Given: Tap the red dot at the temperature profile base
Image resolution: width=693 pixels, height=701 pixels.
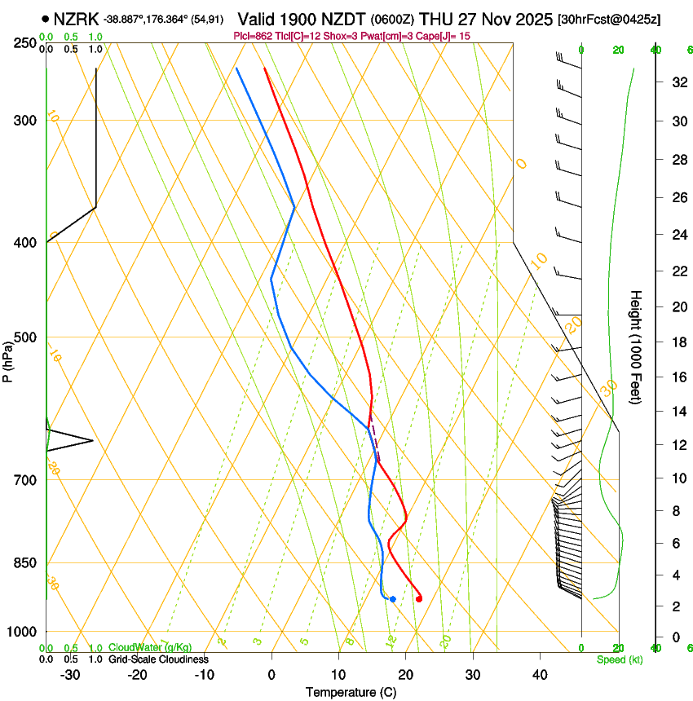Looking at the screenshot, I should tap(419, 599).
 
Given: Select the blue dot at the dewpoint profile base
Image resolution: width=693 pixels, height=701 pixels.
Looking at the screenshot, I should tap(393, 599).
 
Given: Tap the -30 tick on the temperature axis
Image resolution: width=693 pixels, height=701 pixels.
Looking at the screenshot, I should tap(70, 675).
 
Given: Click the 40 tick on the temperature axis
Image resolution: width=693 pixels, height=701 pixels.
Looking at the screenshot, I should tap(539, 675).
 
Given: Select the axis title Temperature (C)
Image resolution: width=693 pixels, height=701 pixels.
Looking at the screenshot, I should tap(351, 692).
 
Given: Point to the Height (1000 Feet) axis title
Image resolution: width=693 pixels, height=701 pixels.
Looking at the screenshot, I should tap(636, 346).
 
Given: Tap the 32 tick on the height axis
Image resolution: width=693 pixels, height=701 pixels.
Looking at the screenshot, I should tap(677, 82).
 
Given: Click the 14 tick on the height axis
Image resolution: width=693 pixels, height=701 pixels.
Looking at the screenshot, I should tap(677, 412).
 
